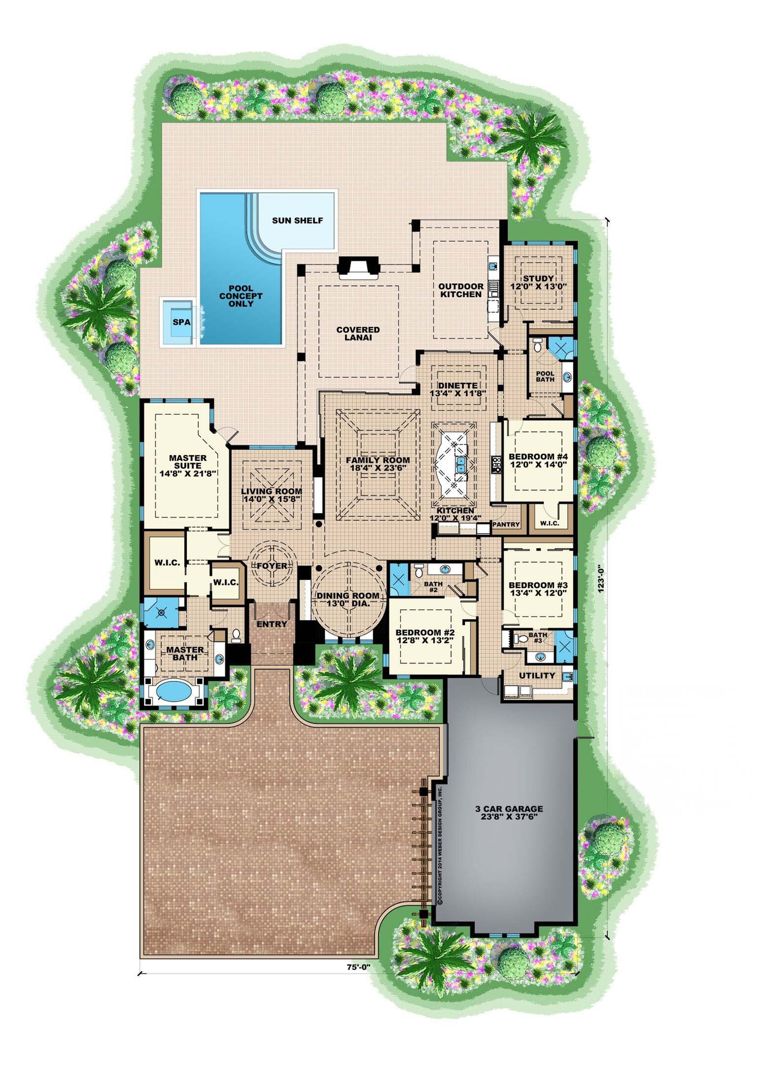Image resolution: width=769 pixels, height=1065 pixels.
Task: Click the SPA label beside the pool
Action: coord(181,322)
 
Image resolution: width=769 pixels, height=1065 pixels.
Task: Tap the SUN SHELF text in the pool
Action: coord(297,221)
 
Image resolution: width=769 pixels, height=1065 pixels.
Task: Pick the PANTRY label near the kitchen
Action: coord(506,525)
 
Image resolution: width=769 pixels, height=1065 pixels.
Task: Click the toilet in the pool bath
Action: coord(537,345)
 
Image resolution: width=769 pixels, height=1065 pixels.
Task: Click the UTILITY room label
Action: coord(536,676)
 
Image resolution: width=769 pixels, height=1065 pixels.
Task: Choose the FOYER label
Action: coord(272,566)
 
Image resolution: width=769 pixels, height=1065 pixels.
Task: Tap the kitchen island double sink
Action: coord(461,464)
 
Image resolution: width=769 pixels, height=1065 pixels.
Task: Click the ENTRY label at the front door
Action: coord(272,624)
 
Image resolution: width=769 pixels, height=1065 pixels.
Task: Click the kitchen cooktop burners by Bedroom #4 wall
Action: coord(497,463)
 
